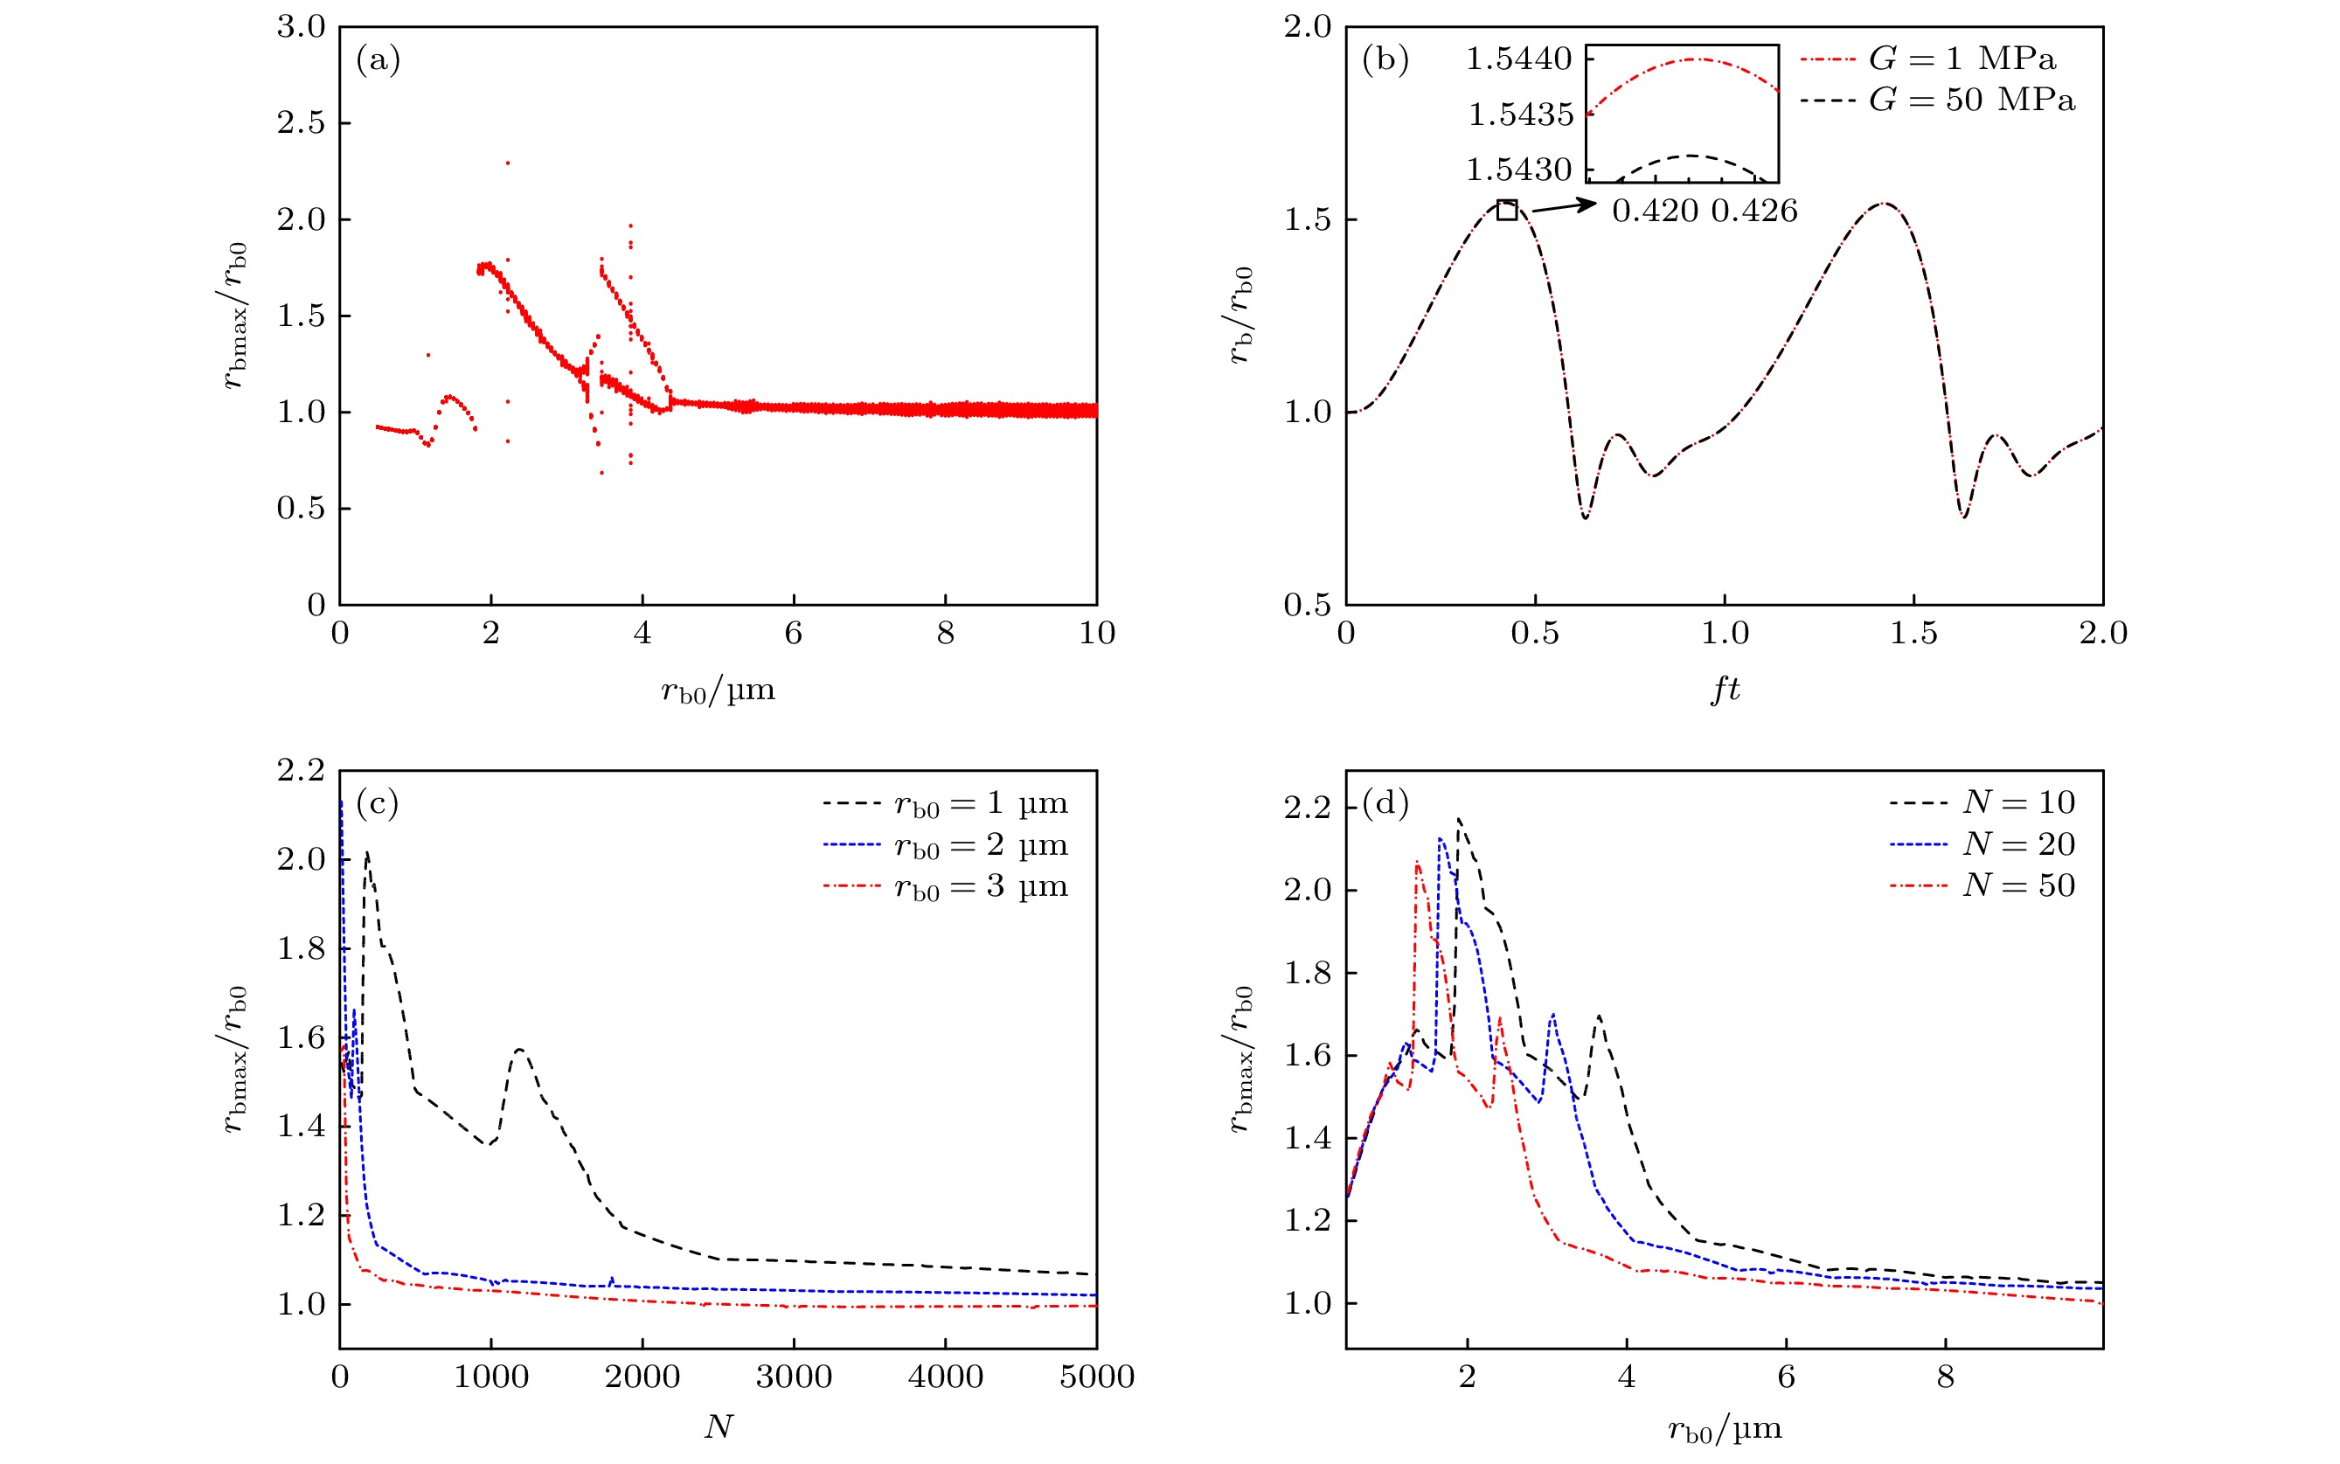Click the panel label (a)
[378, 61]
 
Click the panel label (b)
[1385, 61]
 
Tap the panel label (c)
[378, 803]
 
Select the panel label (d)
[1385, 803]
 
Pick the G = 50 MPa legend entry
[1936, 101]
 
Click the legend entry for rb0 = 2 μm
[945, 846]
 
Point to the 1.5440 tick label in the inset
[1518, 59]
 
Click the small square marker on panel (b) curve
[1506, 209]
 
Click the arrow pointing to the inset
[1563, 205]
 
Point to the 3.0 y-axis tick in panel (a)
[301, 27]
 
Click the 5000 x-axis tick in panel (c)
[1096, 1377]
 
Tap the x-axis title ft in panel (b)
[1725, 690]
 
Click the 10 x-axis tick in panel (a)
[1096, 635]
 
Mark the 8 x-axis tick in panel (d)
[1945, 1377]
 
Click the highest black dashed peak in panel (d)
[1458, 820]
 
